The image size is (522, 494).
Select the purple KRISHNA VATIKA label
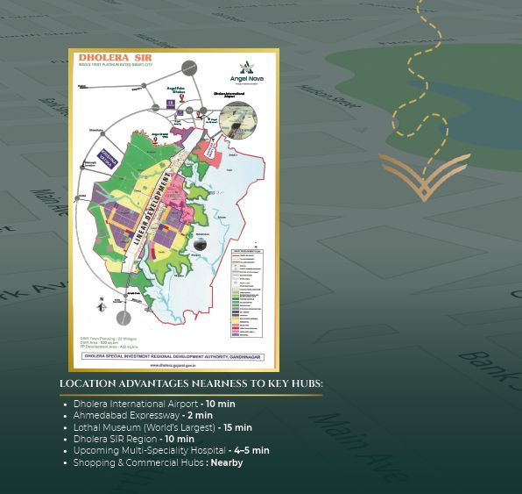pyautogui.click(x=107, y=158)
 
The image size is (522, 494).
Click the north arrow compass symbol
pyautogui.click(x=102, y=305)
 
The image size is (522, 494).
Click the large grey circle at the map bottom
pyautogui.click(x=125, y=317)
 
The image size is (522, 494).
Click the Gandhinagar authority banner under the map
pyautogui.click(x=173, y=356)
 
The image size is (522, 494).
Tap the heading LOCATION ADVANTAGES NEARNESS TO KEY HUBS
pyautogui.click(x=191, y=384)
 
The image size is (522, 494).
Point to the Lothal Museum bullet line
pyautogui.click(x=162, y=427)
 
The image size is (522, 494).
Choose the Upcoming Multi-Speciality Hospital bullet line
pyautogui.click(x=171, y=450)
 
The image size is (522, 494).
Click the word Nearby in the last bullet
pyautogui.click(x=226, y=462)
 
